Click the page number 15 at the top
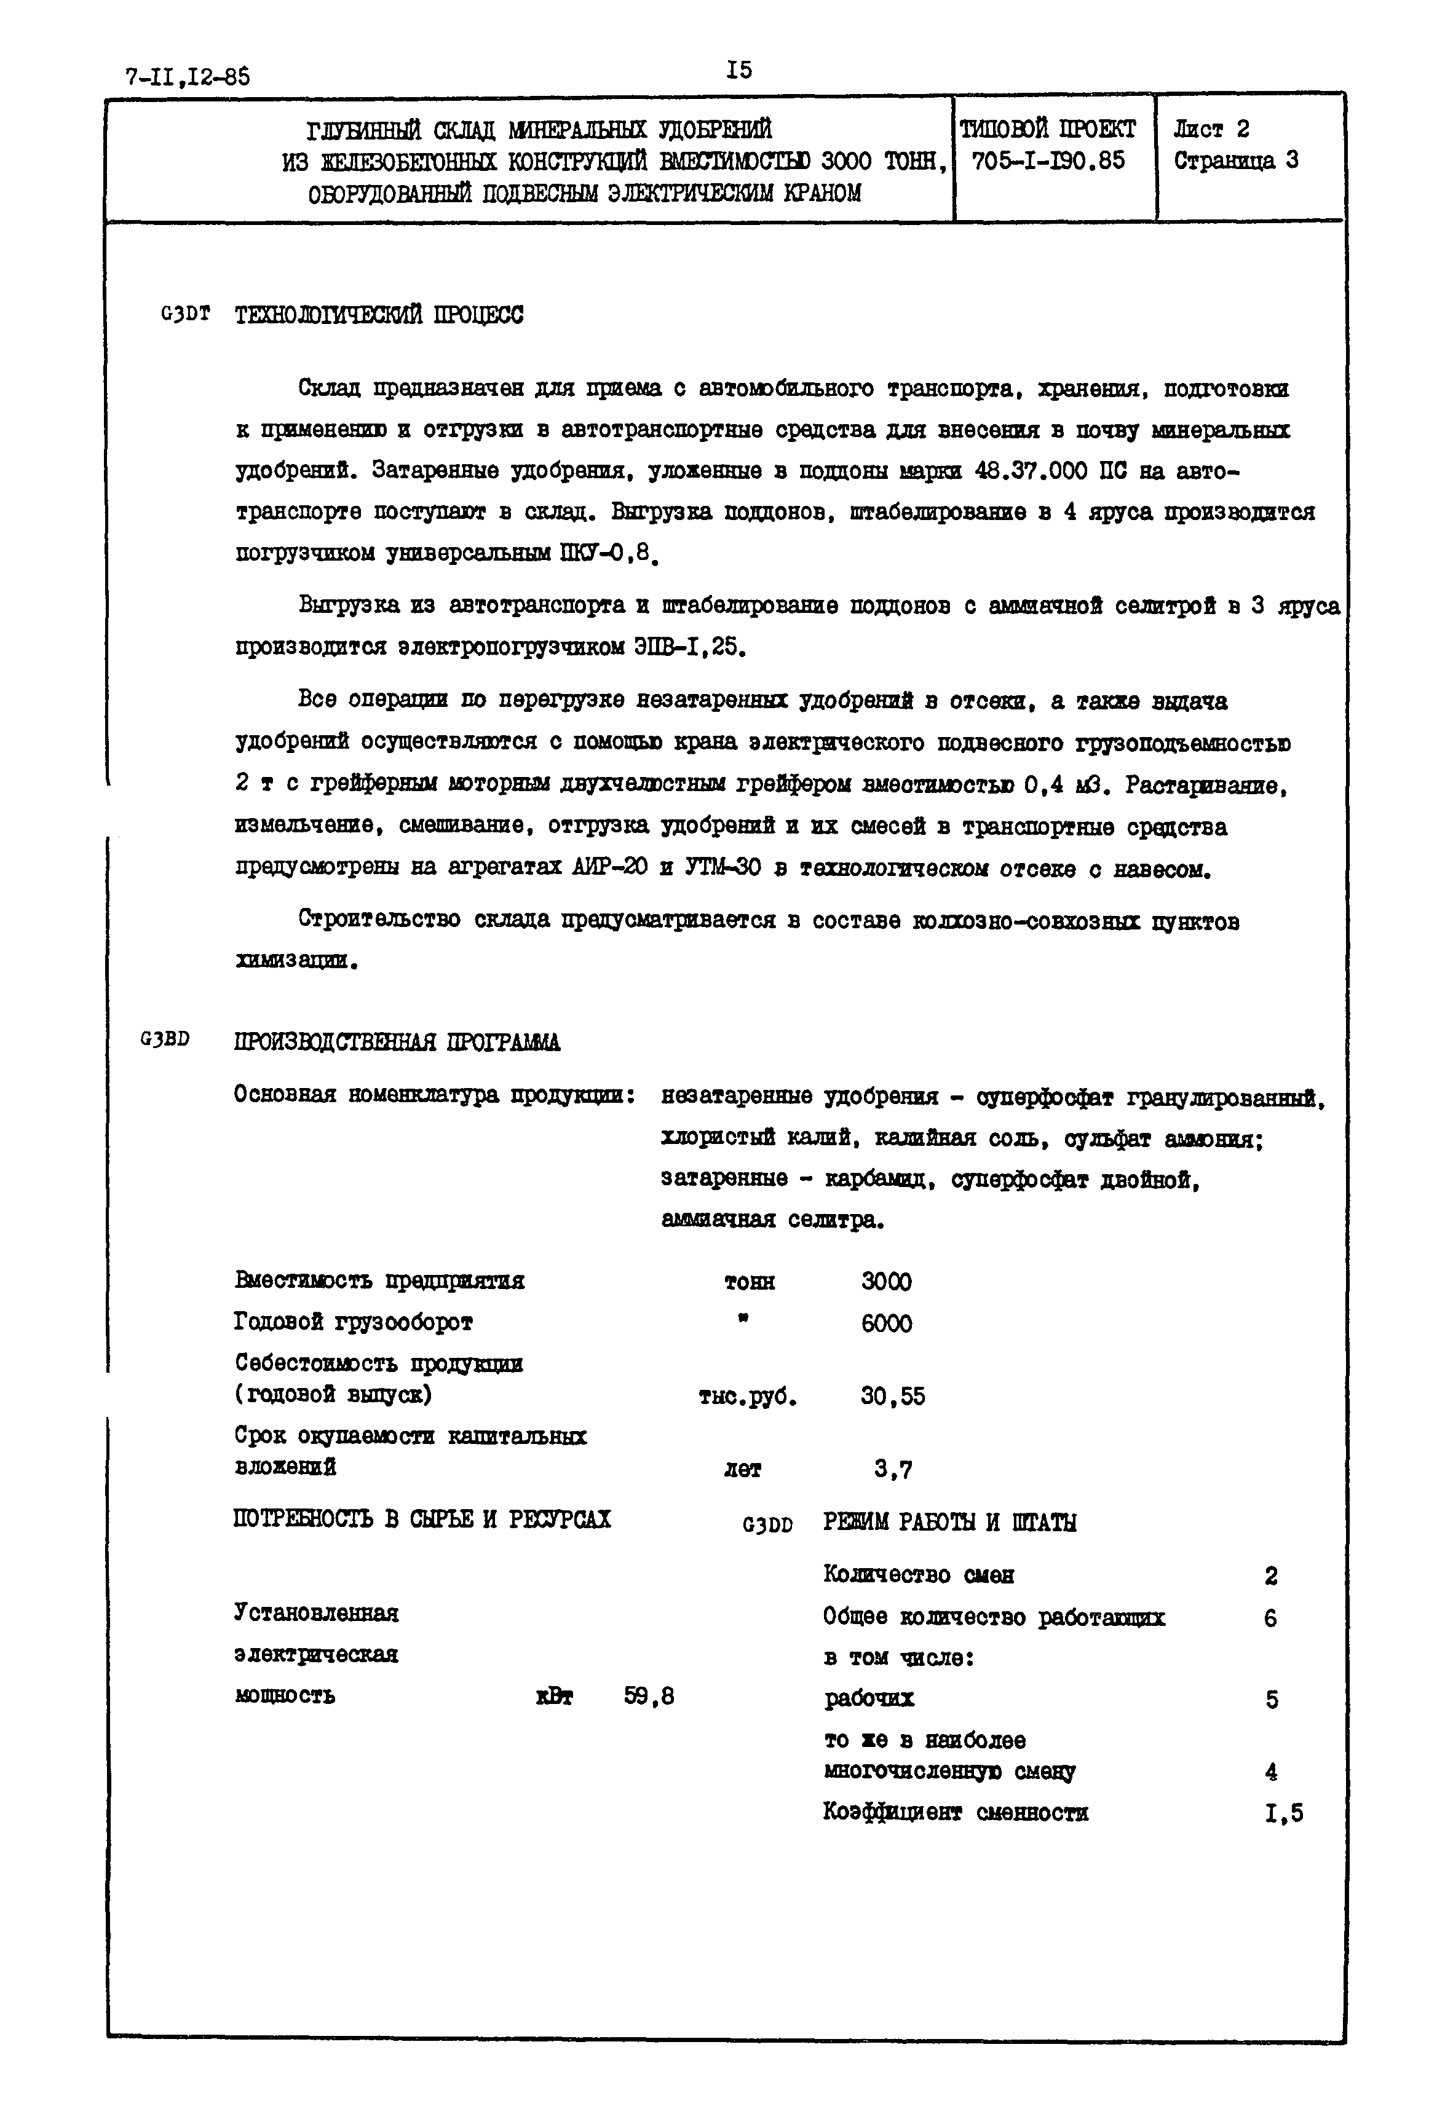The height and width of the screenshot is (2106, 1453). (739, 70)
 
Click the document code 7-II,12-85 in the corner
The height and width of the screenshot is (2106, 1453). (187, 76)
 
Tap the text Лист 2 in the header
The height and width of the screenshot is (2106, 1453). (1212, 129)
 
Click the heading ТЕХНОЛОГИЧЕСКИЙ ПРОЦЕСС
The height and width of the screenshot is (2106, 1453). (379, 316)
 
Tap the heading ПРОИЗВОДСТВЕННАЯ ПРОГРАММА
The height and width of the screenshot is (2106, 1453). (397, 1042)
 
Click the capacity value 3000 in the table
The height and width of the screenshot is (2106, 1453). (886, 1282)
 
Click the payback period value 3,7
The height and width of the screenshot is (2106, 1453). (893, 1470)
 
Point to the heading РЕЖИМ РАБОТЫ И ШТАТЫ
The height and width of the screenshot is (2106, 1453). (949, 1523)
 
